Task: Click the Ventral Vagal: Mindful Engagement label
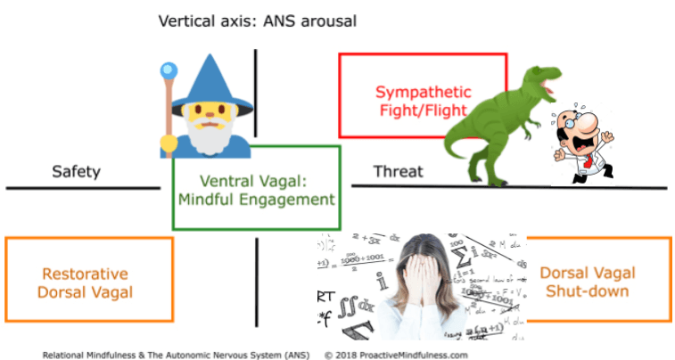[256, 190]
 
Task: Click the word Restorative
[86, 274]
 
